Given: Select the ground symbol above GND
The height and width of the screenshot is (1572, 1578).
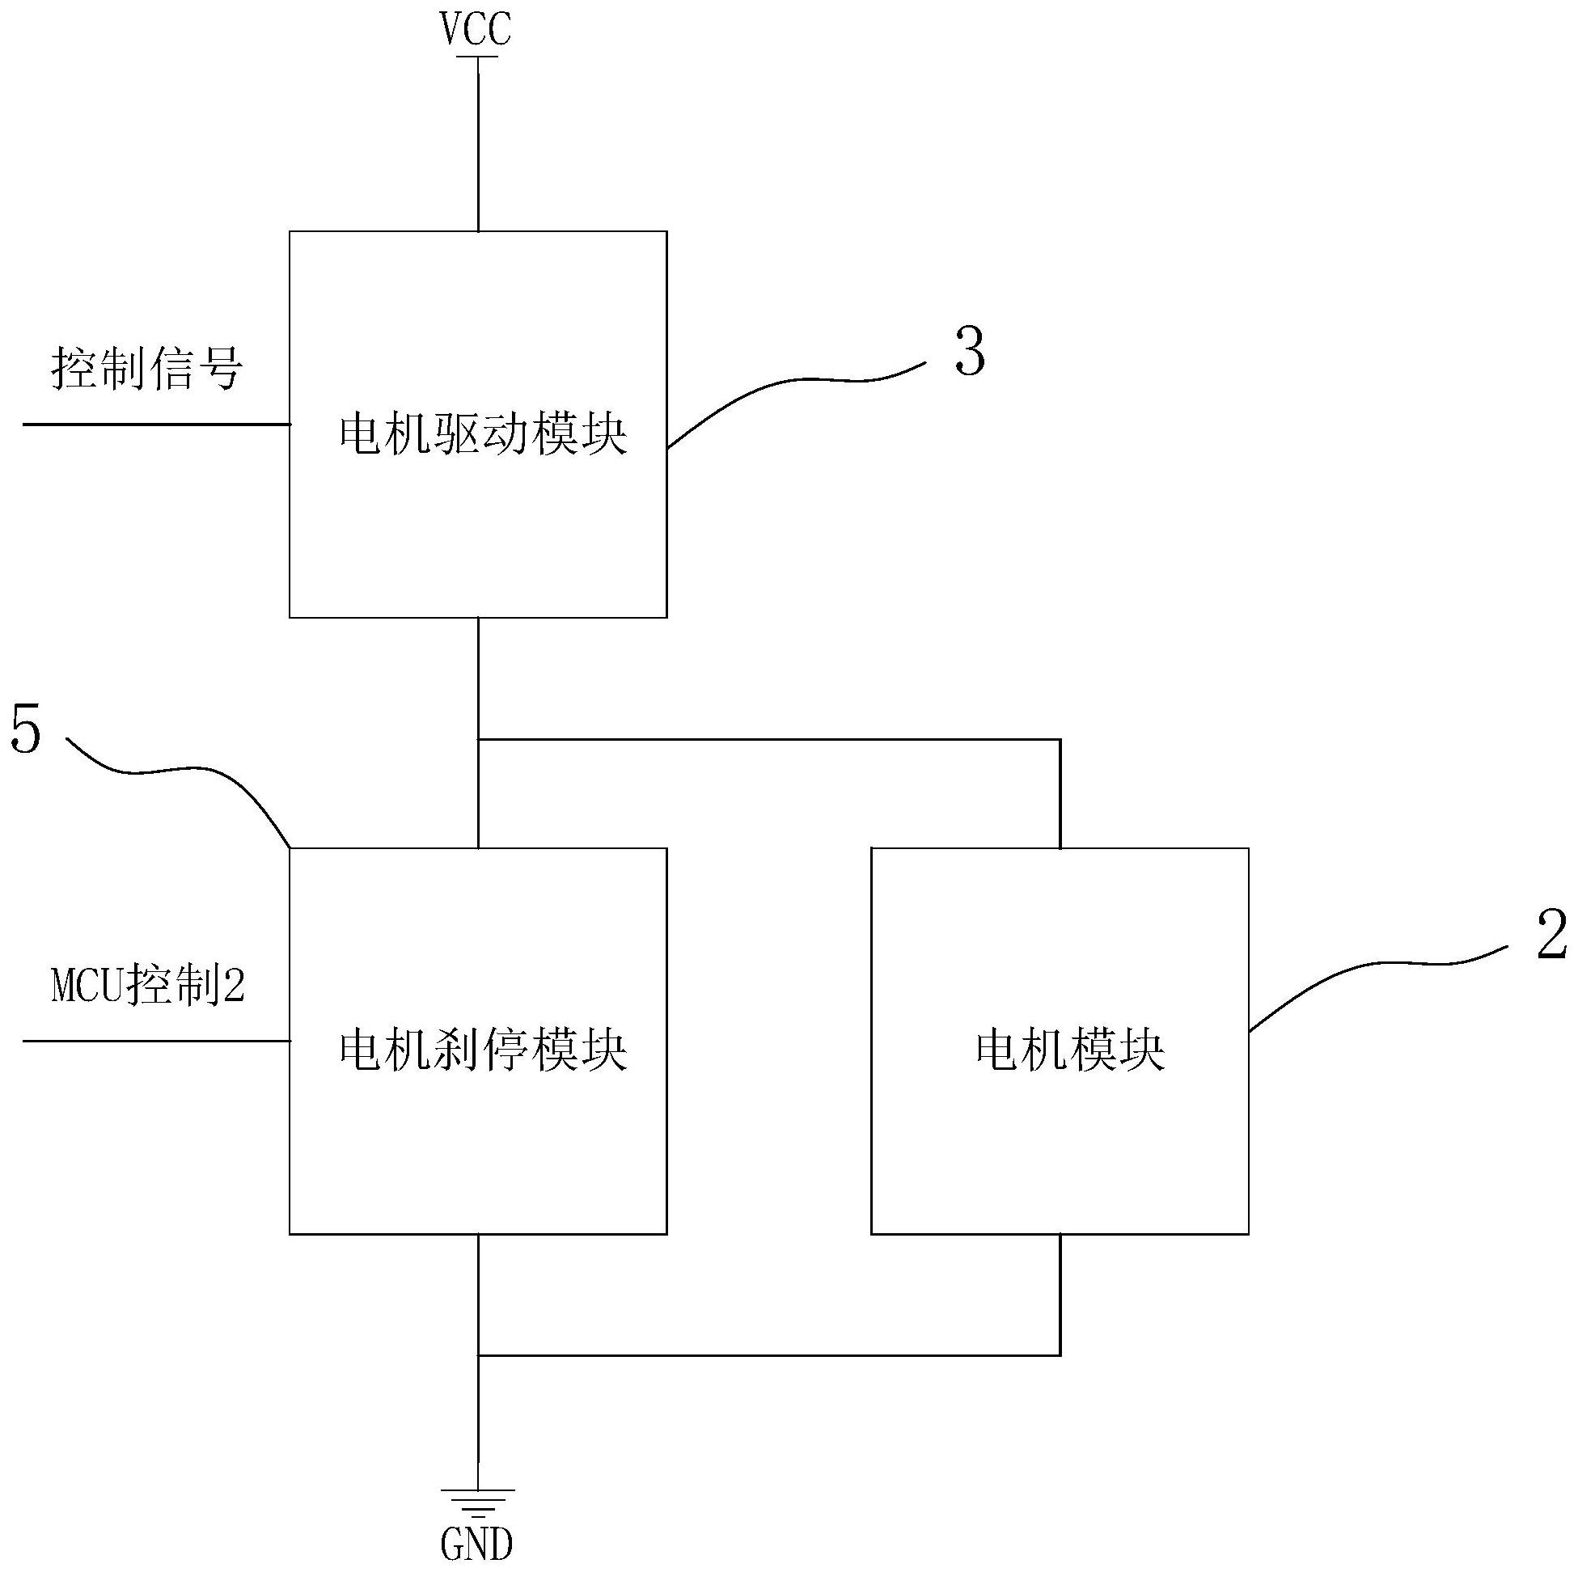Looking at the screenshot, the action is point(478,1502).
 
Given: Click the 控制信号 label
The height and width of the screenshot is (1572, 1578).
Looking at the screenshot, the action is point(147,368).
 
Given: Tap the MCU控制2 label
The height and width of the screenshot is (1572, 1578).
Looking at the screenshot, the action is point(148,986).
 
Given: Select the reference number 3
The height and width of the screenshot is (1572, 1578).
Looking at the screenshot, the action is point(970,353).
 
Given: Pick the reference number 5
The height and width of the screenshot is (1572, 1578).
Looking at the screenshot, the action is point(25,731).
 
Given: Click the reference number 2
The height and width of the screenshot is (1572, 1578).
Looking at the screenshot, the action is point(1552,934).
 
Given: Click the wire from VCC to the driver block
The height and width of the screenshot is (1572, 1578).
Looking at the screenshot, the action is point(478,144).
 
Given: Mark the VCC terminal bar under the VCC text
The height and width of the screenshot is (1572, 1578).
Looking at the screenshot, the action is point(478,57).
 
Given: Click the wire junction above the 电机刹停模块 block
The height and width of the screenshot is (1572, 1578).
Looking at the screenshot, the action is point(478,740).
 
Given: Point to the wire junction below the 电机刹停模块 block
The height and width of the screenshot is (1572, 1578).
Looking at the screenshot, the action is point(478,1356).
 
